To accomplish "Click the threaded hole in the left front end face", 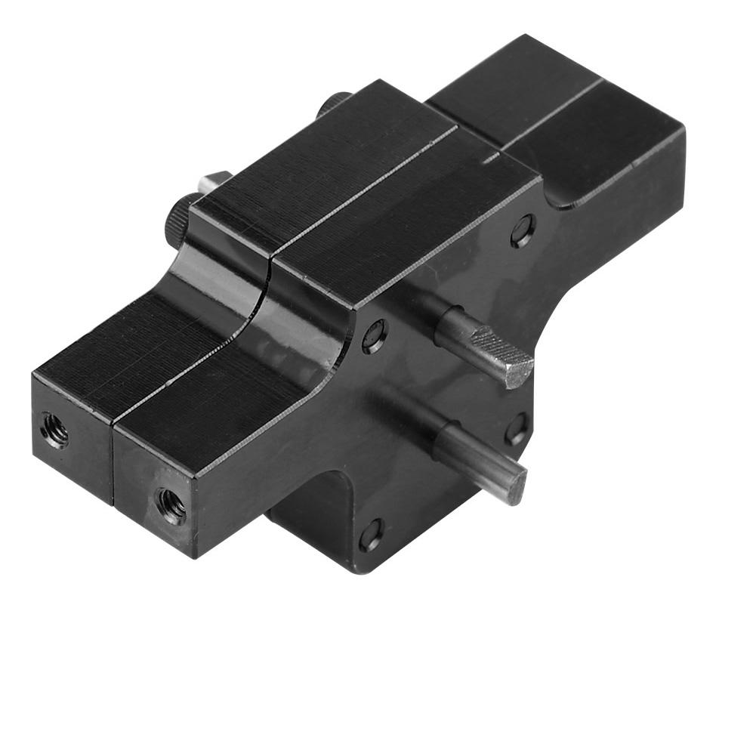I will pos(54,430).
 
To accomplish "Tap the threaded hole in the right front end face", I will pos(171,505).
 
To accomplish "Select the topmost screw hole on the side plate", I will pos(523,230).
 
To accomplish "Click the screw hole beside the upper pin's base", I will pos(375,336).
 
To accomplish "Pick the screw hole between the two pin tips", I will pos(517,429).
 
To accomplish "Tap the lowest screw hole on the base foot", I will pos(370,534).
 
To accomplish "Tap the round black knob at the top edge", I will pos(334,103).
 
